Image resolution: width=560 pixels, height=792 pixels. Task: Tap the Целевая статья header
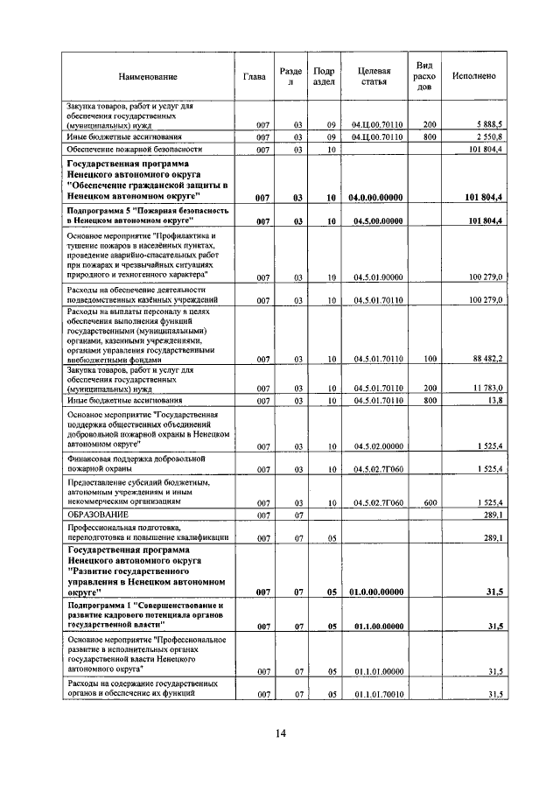374,76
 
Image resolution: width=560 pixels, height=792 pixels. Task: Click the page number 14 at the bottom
280,733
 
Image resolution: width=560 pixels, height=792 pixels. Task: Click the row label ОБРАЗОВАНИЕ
99,515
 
